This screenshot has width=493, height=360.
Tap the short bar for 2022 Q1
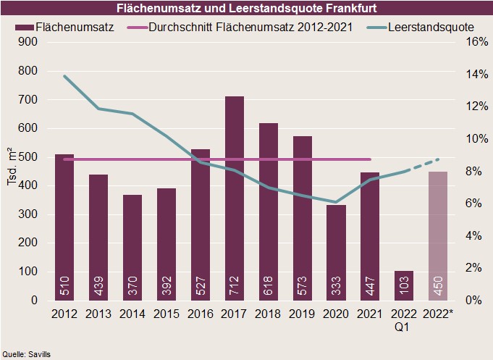tap(404, 285)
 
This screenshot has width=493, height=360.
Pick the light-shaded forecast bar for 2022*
tap(438, 235)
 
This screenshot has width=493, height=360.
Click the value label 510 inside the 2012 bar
tap(64, 283)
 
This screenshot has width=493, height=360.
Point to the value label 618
tap(268, 283)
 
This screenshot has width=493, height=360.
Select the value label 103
tap(404, 283)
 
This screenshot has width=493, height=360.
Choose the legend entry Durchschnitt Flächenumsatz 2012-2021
tap(250, 26)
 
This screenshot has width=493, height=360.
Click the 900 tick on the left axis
tap(27, 42)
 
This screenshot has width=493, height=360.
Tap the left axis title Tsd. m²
tap(12, 171)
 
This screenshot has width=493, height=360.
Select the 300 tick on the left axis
tap(27, 214)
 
